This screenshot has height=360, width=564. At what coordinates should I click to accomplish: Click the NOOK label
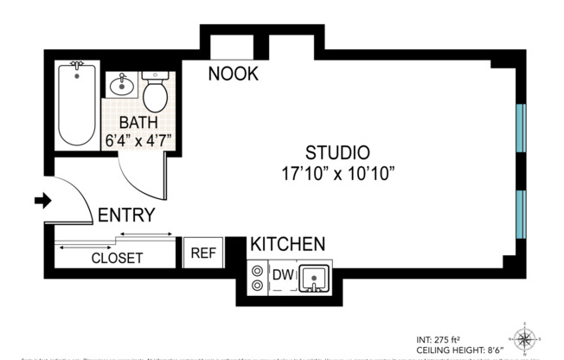click(x=234, y=74)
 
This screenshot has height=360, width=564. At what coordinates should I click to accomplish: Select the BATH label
click(x=138, y=122)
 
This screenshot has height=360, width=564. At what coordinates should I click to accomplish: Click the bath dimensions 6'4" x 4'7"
click(x=138, y=139)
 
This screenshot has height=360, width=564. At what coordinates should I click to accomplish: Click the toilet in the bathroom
click(x=156, y=90)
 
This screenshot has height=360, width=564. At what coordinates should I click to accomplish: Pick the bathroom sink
click(x=120, y=87)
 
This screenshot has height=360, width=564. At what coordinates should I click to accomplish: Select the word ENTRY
click(x=126, y=215)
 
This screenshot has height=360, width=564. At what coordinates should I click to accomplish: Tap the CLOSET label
click(x=117, y=258)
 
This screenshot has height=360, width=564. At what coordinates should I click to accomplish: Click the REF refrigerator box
click(x=202, y=253)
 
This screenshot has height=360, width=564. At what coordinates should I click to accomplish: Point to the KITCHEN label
click(x=287, y=244)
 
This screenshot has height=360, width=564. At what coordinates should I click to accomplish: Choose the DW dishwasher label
click(x=283, y=275)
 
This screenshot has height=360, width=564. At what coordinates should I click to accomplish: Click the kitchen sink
click(x=313, y=279)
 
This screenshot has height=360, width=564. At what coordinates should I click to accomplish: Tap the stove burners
click(x=257, y=277)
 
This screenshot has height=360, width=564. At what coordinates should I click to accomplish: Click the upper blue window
click(x=520, y=129)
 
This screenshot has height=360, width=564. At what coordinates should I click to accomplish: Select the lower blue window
click(x=520, y=216)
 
